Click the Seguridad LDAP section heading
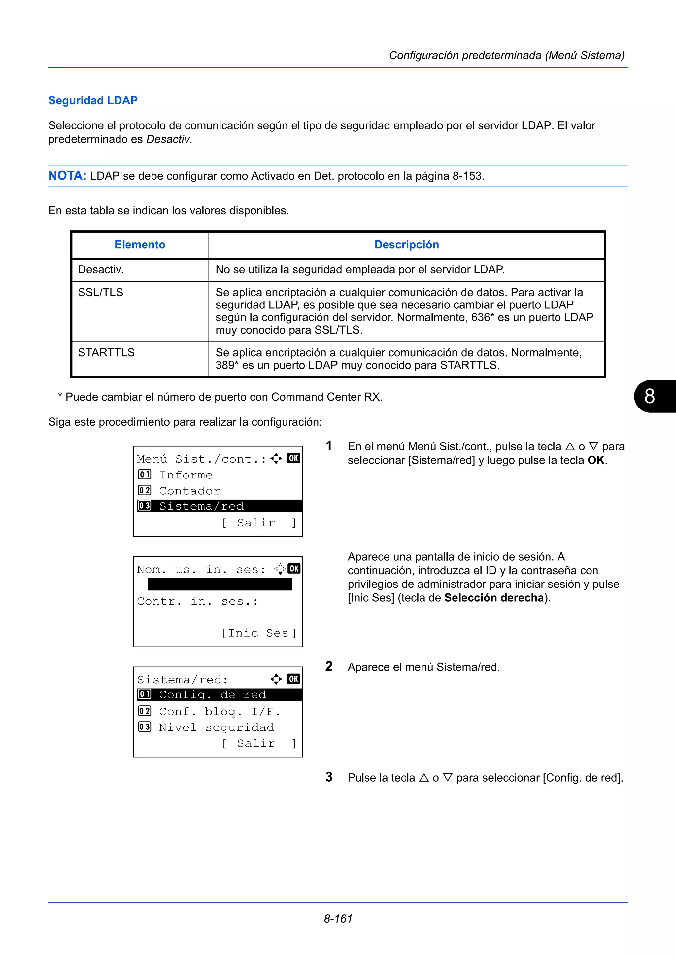(93, 100)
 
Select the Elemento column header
(140, 245)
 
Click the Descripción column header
(407, 245)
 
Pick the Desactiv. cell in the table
(101, 270)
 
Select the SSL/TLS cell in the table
(101, 292)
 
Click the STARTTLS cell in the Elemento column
(106, 352)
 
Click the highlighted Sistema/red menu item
(202, 506)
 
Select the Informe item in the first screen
(186, 475)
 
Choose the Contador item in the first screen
(189, 491)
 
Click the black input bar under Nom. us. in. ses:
(220, 585)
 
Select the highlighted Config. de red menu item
(213, 695)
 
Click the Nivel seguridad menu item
(216, 727)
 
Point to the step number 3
(329, 777)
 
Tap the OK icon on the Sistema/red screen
(294, 679)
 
